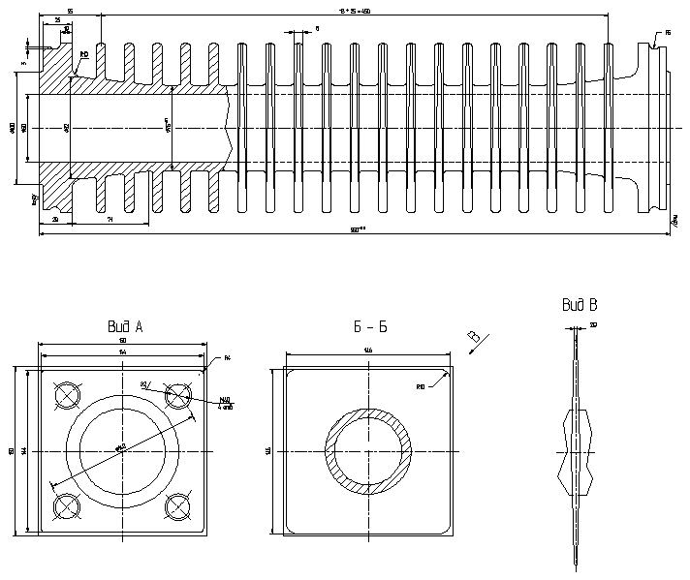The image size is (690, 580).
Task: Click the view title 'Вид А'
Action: pyautogui.click(x=125, y=327)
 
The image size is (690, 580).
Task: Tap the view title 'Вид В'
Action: pyautogui.click(x=579, y=305)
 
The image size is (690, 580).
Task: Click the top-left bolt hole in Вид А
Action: pyautogui.click(x=67, y=395)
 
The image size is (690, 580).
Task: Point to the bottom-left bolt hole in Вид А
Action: pyautogui.click(x=67, y=506)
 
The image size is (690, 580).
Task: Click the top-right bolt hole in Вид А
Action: pyautogui.click(x=179, y=395)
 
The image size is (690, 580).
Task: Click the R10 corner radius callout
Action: pyautogui.click(x=422, y=387)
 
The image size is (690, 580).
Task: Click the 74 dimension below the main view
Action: pyautogui.click(x=110, y=221)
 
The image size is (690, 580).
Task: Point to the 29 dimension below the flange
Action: pyautogui.click(x=54, y=221)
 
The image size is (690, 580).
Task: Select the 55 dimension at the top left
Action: pyautogui.click(x=70, y=11)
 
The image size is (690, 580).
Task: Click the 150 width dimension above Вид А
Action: pyautogui.click(x=123, y=341)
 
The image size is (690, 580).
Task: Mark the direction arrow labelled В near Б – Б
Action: pyautogui.click(x=476, y=339)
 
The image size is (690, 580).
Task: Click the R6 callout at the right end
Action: pyautogui.click(x=668, y=32)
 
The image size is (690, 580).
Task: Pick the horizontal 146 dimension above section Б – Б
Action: pyautogui.click(x=368, y=350)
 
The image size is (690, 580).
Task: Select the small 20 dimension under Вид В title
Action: pyautogui.click(x=593, y=324)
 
